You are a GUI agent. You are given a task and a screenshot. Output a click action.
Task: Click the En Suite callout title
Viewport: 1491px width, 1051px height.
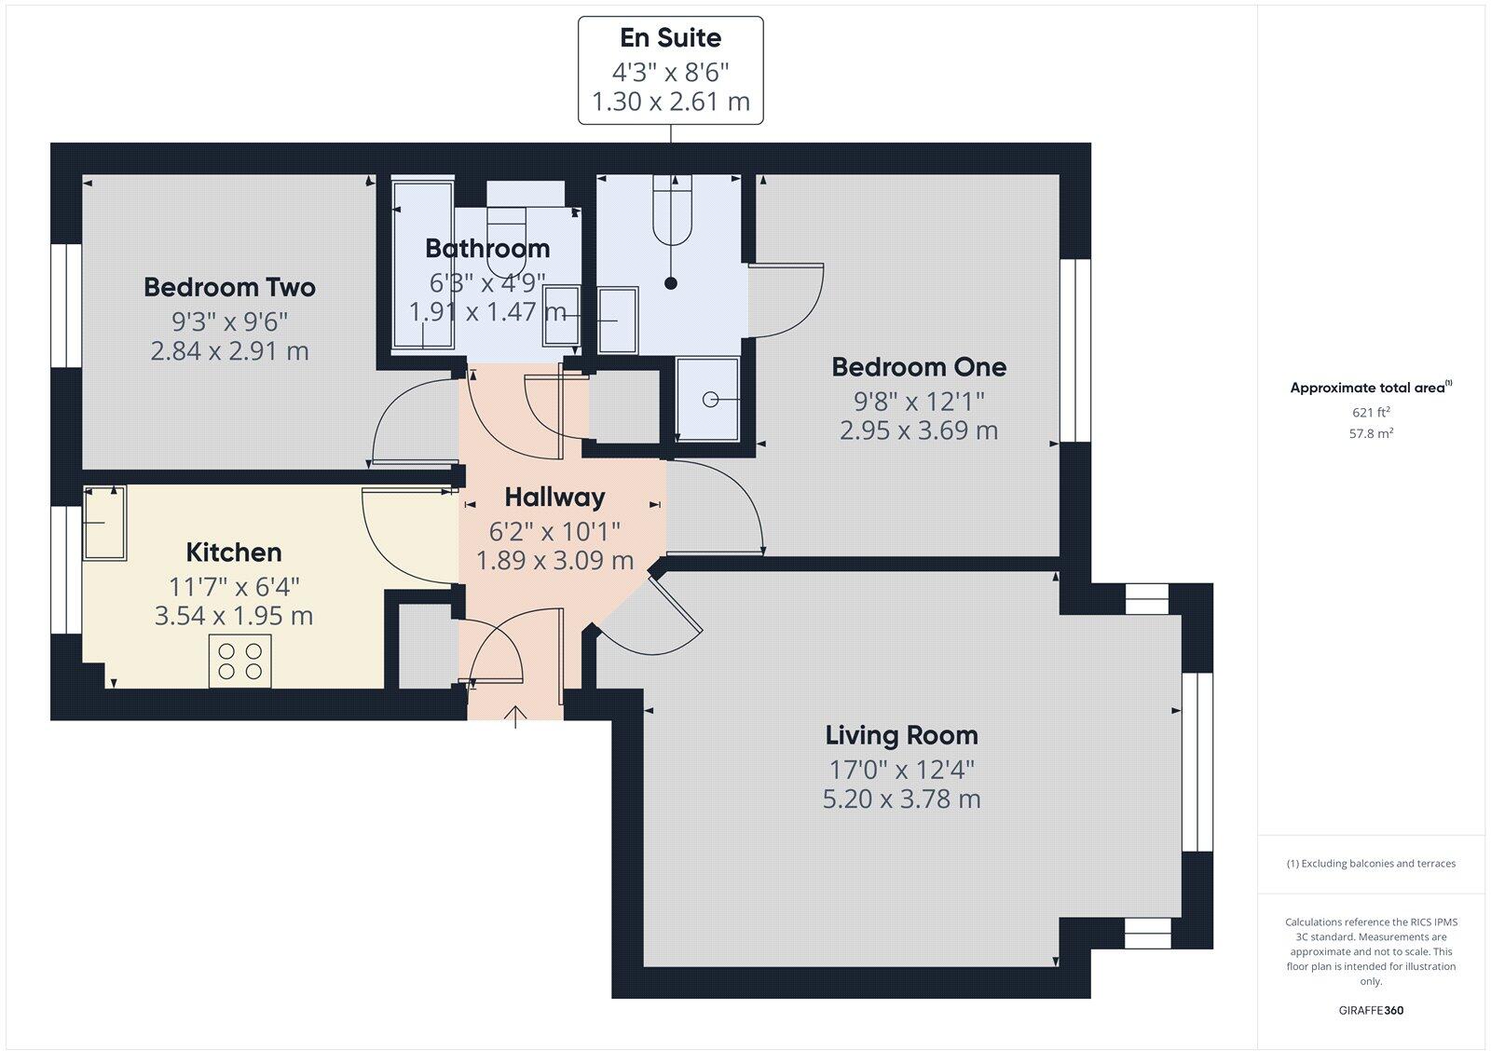coord(670,38)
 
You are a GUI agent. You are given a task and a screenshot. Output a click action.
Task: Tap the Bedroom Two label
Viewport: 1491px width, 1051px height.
coord(229,287)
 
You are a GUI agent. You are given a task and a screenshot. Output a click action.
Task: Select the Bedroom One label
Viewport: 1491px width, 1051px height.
coord(919,367)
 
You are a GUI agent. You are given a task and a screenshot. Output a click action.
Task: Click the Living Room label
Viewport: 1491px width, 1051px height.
coord(901,735)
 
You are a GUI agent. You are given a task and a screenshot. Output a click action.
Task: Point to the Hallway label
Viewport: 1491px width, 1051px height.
coord(554,497)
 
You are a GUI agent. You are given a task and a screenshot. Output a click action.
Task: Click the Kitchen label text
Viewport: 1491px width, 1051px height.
coord(234,553)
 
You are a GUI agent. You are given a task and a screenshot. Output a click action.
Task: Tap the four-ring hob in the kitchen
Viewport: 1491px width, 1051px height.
coord(239,661)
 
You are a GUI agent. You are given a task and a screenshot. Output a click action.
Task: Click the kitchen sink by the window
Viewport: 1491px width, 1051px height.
coord(104,523)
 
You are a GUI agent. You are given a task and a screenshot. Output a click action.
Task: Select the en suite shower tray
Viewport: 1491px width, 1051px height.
coord(707,399)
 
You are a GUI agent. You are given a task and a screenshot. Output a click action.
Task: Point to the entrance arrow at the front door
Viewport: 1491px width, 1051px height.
coord(515,716)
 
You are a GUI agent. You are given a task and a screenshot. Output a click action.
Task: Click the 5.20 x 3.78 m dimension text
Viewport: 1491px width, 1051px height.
coord(901,799)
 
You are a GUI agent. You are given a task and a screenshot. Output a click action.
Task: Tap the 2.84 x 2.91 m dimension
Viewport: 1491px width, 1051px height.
coord(229,351)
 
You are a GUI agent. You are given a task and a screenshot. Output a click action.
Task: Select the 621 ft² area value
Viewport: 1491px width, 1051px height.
coord(1371,412)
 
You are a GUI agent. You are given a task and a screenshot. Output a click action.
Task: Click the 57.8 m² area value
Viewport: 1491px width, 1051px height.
coord(1371,433)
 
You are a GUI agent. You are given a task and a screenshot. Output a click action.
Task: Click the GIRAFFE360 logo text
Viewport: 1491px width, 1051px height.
coord(1371,1010)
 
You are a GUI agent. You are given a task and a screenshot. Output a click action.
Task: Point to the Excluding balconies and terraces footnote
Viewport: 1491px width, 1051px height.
coord(1371,864)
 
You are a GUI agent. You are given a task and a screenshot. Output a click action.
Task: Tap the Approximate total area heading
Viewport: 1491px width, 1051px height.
coord(1368,388)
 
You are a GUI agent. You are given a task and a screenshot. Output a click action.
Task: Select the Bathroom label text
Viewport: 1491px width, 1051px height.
coord(487,249)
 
